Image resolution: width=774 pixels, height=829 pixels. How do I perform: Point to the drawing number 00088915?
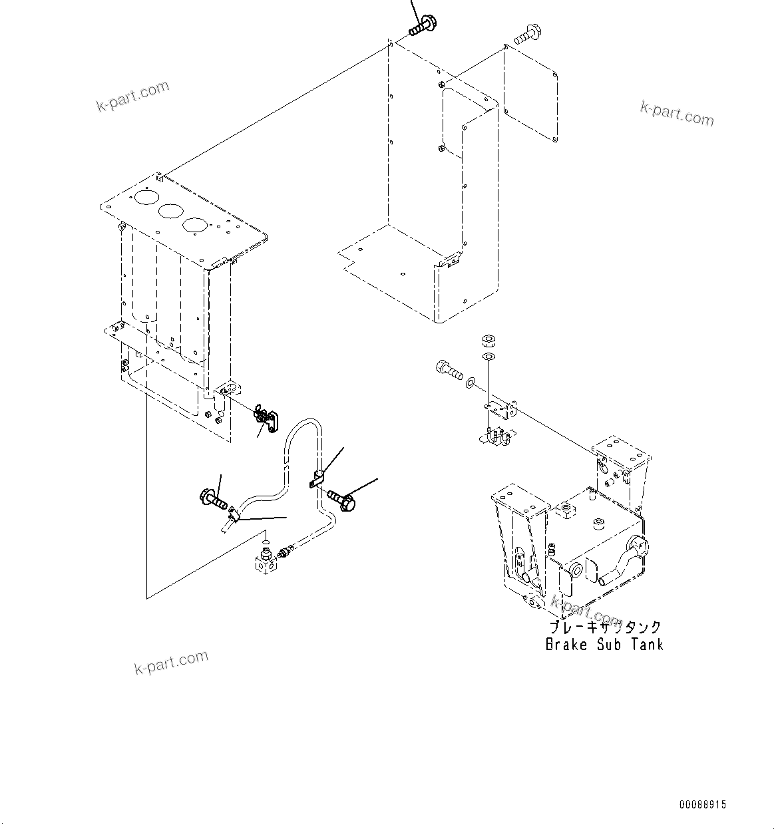click(x=703, y=805)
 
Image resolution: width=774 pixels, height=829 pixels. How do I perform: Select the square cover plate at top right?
click(x=530, y=92)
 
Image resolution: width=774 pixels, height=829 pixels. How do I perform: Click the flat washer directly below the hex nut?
click(x=489, y=358)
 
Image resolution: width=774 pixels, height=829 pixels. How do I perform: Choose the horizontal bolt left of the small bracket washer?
click(x=449, y=369)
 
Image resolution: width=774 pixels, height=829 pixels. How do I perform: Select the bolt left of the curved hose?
click(x=213, y=497)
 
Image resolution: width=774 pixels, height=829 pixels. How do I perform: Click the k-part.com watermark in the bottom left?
click(x=171, y=663)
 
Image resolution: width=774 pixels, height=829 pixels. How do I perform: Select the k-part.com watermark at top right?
click(x=677, y=114)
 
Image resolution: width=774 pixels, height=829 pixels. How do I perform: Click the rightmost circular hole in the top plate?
click(x=194, y=225)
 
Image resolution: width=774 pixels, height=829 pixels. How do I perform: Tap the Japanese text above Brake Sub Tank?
click(x=604, y=627)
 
